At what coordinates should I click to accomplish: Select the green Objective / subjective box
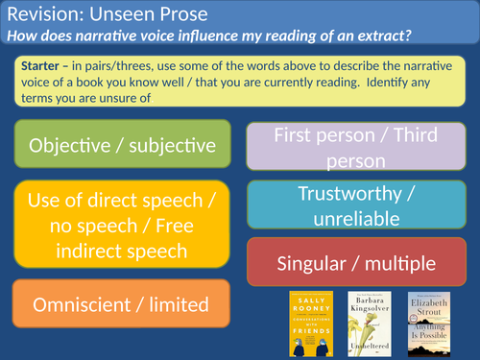point(122,146)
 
